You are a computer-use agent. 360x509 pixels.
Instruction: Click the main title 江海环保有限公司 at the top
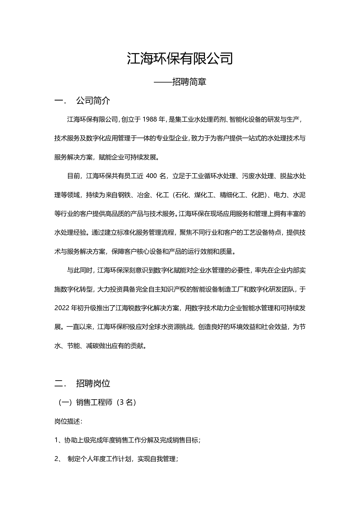click(180, 58)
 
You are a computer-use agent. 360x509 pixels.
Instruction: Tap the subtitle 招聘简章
click(189, 82)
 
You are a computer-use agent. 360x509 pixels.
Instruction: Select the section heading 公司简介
click(93, 101)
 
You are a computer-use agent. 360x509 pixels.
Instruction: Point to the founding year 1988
click(149, 120)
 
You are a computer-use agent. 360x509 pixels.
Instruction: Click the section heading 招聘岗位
click(93, 384)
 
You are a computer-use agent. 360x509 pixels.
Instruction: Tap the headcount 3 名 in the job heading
click(126, 403)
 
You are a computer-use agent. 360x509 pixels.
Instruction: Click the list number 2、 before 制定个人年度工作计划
click(58, 459)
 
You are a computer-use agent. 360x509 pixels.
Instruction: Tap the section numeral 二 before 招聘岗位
click(58, 384)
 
